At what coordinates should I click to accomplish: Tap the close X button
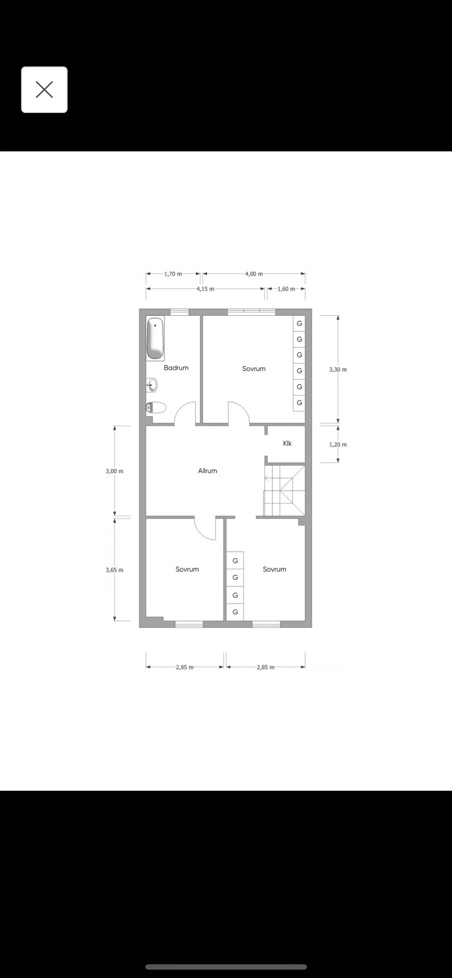pos(44,90)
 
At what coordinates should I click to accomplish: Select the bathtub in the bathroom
pos(155,338)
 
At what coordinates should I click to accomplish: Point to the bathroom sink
pos(152,385)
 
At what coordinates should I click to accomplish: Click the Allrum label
pos(207,471)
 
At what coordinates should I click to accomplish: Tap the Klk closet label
pos(287,443)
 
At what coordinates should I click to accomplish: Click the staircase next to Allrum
pos(285,491)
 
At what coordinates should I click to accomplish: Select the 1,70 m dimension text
pos(173,274)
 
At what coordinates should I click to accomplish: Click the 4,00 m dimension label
pos(253,274)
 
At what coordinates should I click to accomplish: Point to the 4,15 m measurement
pos(205,289)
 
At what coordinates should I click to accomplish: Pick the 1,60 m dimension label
pos(286,289)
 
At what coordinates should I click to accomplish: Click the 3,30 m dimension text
pos(337,370)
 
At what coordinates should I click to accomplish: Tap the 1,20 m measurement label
pos(337,445)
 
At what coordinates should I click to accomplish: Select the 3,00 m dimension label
pos(114,471)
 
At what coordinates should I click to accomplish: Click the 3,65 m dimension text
pos(114,570)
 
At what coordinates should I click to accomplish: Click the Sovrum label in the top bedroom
pos(253,369)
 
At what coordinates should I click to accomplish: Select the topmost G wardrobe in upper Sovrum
pos(299,324)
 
